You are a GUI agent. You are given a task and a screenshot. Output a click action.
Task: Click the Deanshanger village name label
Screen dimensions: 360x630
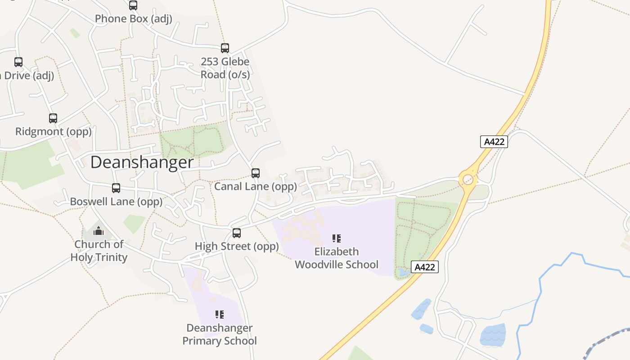pyautogui.click(x=142, y=162)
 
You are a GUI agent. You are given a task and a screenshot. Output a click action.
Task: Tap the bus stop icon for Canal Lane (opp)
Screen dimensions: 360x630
pyautogui.click(x=256, y=173)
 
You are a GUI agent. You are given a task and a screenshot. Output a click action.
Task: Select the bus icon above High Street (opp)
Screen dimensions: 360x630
pyautogui.click(x=237, y=233)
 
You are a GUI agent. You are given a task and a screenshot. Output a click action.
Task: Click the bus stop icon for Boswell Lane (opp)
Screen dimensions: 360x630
pyautogui.click(x=116, y=188)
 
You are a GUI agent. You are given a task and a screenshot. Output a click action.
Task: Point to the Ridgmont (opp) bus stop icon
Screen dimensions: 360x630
pyautogui.click(x=53, y=118)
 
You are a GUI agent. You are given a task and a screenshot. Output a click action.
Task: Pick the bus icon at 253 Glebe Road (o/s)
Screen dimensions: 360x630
pyautogui.click(x=225, y=48)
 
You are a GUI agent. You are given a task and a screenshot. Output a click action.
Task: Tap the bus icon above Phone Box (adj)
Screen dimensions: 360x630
pyautogui.click(x=133, y=5)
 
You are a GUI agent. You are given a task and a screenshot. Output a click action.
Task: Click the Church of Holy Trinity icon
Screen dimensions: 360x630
pyautogui.click(x=99, y=231)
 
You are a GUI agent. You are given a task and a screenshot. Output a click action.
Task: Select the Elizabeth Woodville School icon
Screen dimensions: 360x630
pyautogui.click(x=336, y=238)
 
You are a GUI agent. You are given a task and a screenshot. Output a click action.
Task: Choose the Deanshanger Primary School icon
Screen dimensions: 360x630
pyautogui.click(x=220, y=315)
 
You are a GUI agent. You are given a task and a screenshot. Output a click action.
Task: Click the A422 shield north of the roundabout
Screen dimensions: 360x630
pyautogui.click(x=494, y=142)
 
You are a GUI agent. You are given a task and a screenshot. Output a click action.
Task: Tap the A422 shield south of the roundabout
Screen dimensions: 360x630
pyautogui.click(x=425, y=267)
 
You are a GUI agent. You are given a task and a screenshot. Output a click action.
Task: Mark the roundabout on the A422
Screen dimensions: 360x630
pyautogui.click(x=468, y=180)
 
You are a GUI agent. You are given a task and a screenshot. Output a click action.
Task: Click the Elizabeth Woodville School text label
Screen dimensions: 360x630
pyautogui.click(x=337, y=258)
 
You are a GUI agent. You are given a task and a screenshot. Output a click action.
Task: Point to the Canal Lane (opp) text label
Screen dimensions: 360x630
pyautogui.click(x=256, y=186)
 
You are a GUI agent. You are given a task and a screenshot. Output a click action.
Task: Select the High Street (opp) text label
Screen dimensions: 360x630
pyautogui.click(x=237, y=247)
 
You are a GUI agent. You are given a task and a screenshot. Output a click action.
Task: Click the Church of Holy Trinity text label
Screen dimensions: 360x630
pyautogui.click(x=99, y=251)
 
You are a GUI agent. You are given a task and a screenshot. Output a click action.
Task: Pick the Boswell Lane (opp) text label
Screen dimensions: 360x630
pyautogui.click(x=116, y=202)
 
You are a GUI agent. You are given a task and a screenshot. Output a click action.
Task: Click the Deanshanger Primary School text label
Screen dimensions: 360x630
pyautogui.click(x=220, y=334)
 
